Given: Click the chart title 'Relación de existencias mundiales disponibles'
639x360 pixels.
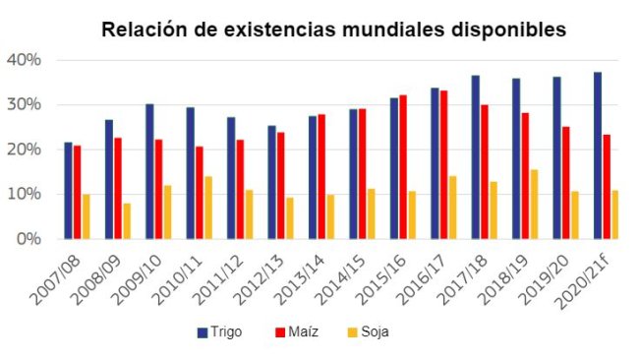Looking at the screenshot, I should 334,30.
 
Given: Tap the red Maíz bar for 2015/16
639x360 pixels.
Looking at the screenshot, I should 403,167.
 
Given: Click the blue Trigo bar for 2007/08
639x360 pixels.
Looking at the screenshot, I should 68,191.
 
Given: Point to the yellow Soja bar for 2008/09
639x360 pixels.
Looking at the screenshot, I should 128,221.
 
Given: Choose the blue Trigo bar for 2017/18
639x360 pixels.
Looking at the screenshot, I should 475,157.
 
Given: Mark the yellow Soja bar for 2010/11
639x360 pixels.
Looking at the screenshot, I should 208,208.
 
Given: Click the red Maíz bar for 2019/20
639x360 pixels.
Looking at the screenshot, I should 565,183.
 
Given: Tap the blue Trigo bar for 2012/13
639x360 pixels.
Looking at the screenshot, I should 271,182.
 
